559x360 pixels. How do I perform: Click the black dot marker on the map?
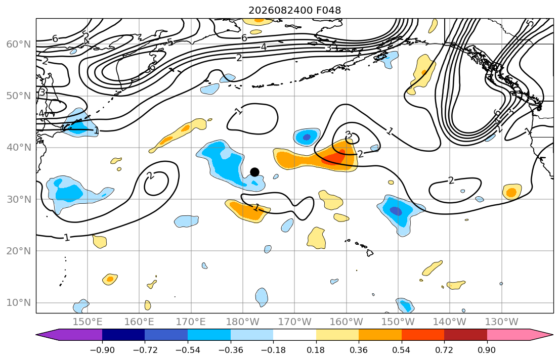coord(254,172)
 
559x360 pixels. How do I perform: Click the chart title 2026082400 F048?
coord(295,10)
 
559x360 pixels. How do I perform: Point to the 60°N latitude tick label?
coord(19,44)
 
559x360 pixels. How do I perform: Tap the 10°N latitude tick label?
coord(19,303)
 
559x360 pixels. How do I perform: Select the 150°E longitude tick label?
coord(88,322)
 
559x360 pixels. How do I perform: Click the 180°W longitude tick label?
coord(243,322)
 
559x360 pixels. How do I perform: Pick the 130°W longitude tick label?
coord(502,322)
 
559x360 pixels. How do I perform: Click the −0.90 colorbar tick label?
coord(102,350)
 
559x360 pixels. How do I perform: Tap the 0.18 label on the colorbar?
coord(316,350)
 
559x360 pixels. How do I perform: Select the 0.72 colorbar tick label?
coord(444,350)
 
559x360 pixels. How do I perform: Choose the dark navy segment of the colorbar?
coord(123,335)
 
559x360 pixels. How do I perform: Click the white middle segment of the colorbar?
coord(294,335)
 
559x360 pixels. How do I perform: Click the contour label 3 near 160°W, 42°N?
coord(349,134)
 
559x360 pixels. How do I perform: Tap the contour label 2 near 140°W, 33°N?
coord(451,181)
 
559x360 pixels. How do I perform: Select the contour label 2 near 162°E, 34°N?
coord(150,175)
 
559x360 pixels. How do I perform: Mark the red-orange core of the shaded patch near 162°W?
coord(334,158)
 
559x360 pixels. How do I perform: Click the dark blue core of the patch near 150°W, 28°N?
coord(396,211)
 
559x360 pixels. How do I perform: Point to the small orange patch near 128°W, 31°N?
coord(512,192)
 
